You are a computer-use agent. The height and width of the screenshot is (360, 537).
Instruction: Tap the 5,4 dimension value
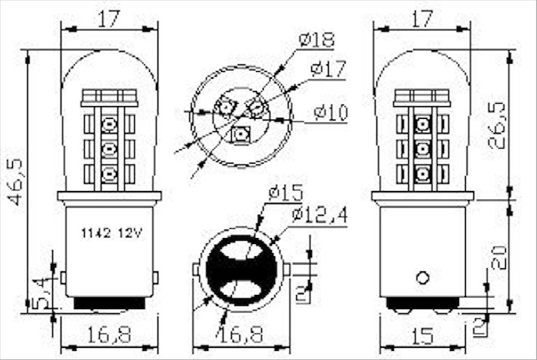pyautogui.click(x=45, y=293)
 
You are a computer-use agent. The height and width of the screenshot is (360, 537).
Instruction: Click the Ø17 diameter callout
pyautogui.click(x=327, y=70)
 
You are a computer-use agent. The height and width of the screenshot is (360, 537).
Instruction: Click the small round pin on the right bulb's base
pyautogui.click(x=423, y=277)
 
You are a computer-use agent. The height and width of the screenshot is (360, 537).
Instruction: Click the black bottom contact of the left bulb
pyautogui.click(x=110, y=303)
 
